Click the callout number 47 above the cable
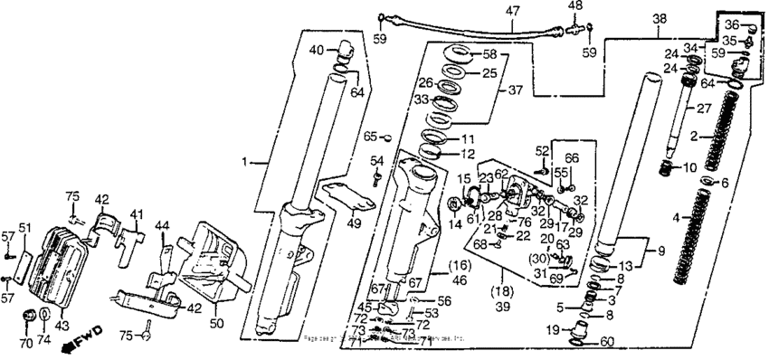point(513,13)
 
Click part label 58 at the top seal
point(489,54)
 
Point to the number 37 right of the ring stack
point(517,90)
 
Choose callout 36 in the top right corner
point(732,24)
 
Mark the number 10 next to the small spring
point(688,168)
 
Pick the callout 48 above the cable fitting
point(574,6)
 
